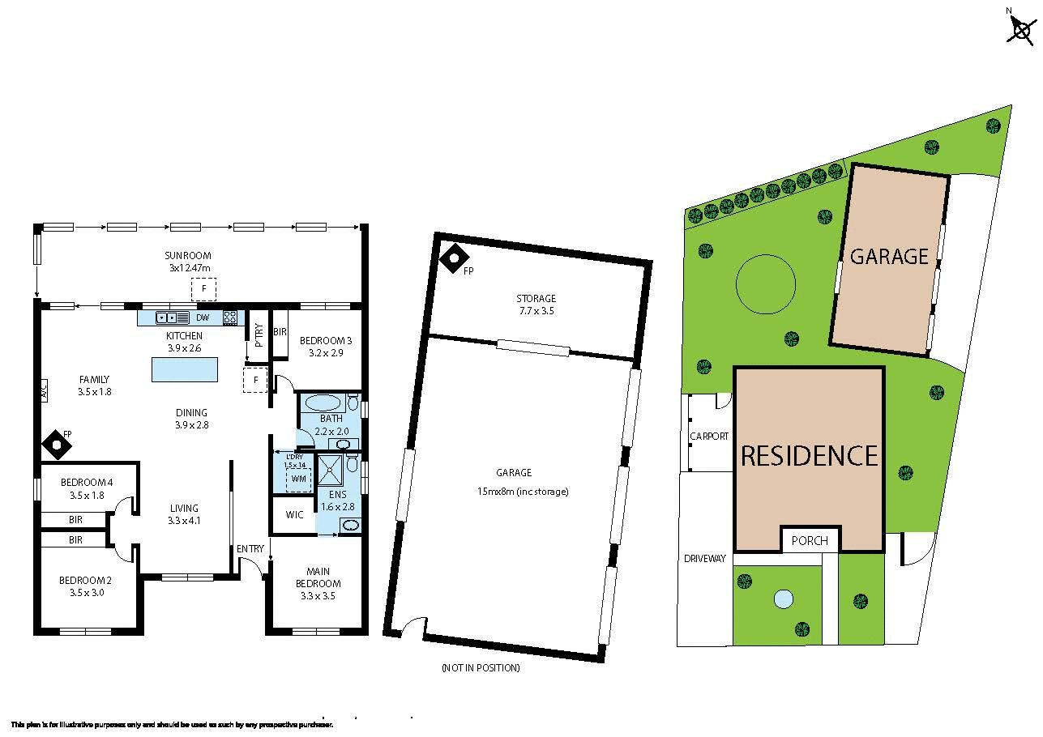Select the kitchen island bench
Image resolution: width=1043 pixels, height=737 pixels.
185,369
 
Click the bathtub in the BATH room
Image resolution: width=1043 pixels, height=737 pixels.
323,403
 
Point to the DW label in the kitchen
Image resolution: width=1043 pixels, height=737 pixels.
203,317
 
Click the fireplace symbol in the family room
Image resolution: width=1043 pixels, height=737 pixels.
54,443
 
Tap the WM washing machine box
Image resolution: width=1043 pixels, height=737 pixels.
298,479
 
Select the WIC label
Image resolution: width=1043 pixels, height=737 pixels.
294,514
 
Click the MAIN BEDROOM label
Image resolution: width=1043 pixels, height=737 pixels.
318,577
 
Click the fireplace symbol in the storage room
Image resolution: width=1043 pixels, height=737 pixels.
454,258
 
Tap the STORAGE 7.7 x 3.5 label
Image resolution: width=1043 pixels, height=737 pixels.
536,305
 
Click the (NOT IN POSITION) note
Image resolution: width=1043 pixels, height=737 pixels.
481,668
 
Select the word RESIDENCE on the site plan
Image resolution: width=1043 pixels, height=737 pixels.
809,456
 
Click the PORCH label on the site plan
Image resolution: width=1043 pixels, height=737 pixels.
810,541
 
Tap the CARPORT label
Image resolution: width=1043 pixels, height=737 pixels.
709,436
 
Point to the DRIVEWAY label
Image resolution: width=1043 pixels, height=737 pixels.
704,559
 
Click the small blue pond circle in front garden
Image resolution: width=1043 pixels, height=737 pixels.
783,599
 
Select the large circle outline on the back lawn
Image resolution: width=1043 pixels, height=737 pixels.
765,283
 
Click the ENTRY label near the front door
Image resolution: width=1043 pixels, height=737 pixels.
250,549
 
